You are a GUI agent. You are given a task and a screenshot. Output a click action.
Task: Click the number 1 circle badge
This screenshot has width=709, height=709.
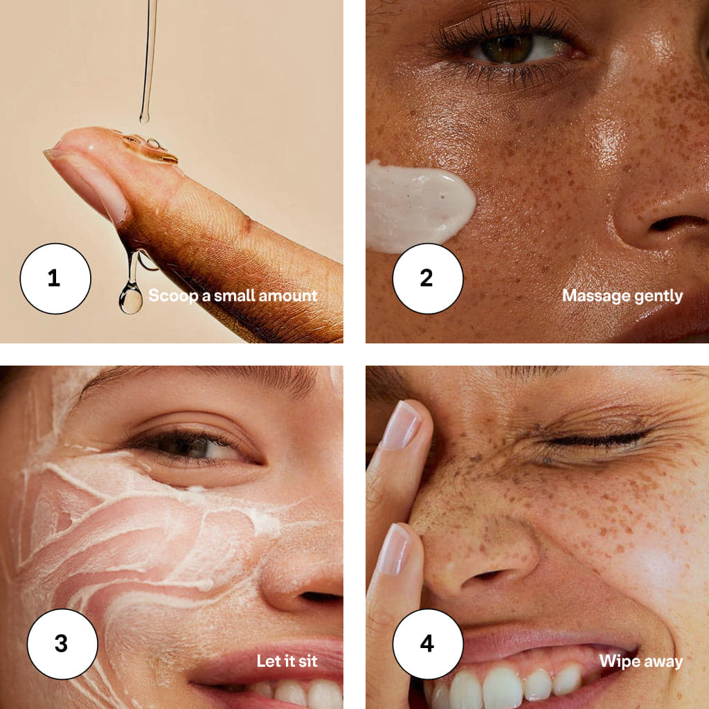(x=55, y=278)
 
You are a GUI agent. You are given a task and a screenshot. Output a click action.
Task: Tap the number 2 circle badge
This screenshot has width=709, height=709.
(x=428, y=278)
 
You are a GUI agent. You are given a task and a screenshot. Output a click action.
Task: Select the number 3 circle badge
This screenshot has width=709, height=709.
(x=62, y=644)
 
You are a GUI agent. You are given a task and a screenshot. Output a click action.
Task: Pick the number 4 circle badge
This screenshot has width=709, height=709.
(x=428, y=644)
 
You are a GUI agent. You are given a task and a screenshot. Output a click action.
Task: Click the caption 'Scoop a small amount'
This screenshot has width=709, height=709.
(x=233, y=296)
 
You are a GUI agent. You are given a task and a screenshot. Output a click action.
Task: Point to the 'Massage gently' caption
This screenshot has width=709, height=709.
(x=622, y=296)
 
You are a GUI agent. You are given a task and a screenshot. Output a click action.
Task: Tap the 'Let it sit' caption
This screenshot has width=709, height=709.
(x=287, y=661)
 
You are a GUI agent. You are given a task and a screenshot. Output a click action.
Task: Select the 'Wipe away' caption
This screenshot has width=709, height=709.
(x=641, y=661)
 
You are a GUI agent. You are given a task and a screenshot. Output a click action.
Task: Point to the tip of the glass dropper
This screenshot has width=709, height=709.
(x=144, y=119)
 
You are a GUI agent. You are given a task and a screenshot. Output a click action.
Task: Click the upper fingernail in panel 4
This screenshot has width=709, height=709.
(x=402, y=426)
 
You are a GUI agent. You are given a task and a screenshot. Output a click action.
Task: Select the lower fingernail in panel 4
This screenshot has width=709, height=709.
(x=394, y=549)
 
